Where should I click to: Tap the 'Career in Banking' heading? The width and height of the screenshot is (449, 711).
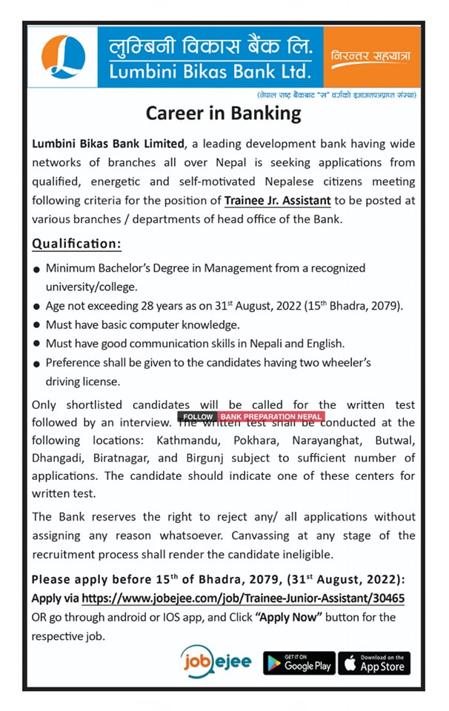[x=224, y=113]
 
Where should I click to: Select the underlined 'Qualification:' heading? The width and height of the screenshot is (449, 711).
[x=76, y=244]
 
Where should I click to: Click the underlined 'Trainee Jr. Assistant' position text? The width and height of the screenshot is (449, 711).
[x=277, y=200]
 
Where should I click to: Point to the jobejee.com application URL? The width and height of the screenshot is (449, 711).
[x=243, y=598]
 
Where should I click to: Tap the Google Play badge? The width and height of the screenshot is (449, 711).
[x=299, y=664]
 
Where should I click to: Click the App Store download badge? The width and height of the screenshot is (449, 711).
[x=374, y=664]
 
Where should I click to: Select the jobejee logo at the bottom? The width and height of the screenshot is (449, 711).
[x=216, y=661]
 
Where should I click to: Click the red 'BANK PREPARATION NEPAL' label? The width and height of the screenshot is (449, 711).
[x=271, y=417]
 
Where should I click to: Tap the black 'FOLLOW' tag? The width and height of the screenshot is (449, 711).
[x=198, y=417]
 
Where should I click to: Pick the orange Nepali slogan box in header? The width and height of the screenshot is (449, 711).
[x=370, y=57]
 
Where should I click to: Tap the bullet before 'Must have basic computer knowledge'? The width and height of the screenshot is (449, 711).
[x=36, y=326]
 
